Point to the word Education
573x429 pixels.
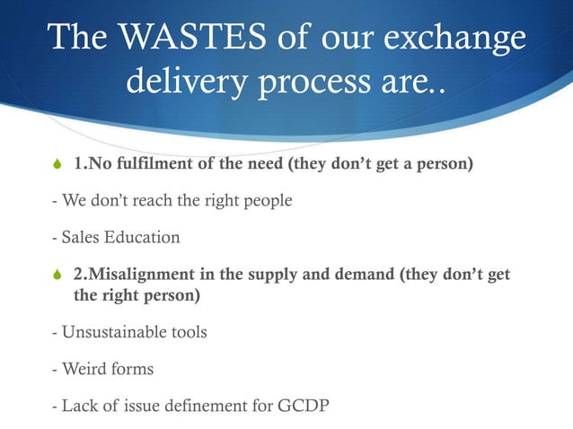click(x=143, y=238)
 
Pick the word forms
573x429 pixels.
click(x=132, y=369)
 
